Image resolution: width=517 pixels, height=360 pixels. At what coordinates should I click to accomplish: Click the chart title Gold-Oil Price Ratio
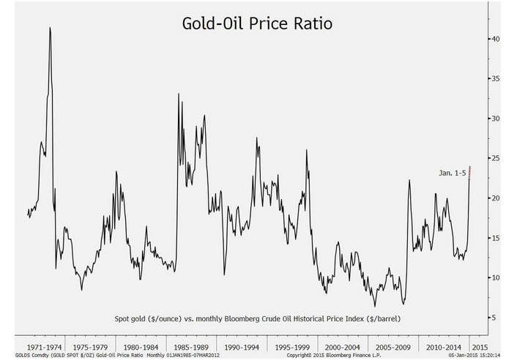(257, 23)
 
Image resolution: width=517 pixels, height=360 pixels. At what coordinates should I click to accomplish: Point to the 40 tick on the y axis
(496, 39)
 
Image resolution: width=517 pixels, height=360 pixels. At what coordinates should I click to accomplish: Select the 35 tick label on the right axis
(496, 79)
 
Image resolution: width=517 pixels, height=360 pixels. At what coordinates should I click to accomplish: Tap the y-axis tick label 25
(496, 159)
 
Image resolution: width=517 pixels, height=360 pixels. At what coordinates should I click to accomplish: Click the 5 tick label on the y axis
(494, 318)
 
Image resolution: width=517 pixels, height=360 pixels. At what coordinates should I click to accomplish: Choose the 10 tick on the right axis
(496, 277)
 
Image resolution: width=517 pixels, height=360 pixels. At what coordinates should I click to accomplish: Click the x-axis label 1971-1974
(44, 348)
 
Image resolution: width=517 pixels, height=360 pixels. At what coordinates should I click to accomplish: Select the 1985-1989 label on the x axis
(191, 348)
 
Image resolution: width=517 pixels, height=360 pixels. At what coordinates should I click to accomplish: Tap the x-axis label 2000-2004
(342, 348)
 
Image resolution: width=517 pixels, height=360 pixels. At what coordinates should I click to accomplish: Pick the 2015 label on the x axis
(480, 348)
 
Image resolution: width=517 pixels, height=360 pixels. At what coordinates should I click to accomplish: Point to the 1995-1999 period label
(292, 348)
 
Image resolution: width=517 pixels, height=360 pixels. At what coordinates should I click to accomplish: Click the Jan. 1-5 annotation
(452, 173)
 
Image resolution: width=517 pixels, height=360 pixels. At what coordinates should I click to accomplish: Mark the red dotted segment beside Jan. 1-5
(469, 173)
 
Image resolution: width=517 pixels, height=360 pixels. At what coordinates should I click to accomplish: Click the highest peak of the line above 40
(50, 28)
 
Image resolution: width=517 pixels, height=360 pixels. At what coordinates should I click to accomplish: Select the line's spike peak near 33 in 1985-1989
(179, 94)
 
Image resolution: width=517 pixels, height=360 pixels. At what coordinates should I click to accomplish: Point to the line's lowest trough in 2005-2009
(375, 307)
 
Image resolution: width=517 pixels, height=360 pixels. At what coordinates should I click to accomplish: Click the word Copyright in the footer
(298, 356)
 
